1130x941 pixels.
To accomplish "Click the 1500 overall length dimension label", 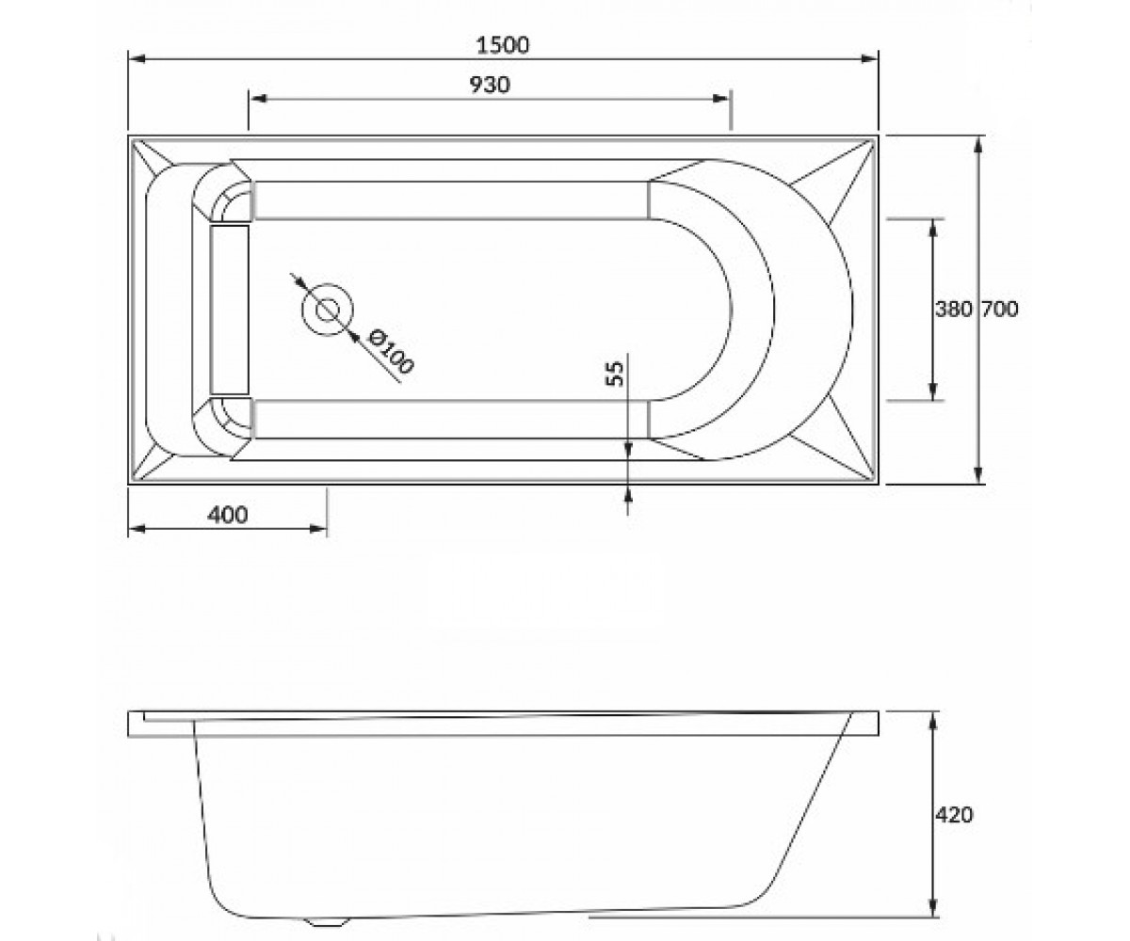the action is [503, 45].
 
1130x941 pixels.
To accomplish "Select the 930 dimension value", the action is [490, 85].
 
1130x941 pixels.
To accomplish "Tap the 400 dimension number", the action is [227, 515].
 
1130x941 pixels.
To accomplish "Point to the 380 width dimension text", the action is [954, 310].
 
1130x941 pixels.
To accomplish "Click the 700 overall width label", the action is [999, 310].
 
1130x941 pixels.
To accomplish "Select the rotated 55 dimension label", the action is [616, 374].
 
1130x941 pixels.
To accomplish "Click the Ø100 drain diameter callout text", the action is [391, 352].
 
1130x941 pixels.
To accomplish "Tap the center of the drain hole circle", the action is [328, 310].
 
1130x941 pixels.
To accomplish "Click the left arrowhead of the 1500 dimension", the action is [137, 58].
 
